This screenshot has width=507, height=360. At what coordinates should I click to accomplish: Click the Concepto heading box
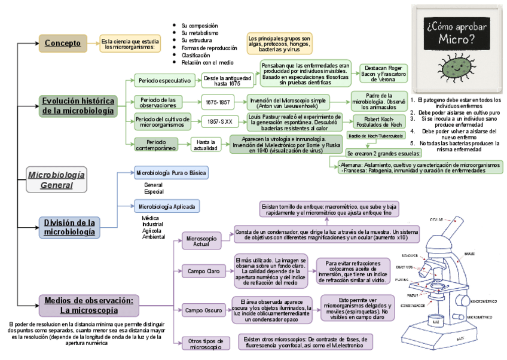[x=63, y=43]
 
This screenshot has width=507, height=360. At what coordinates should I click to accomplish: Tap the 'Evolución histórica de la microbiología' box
[x=78, y=106]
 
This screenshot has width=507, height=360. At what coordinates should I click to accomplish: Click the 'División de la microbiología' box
[x=69, y=227]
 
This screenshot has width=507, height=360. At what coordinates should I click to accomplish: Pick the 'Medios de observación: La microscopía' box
[x=90, y=305]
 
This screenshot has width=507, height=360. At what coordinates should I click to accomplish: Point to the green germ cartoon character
[x=454, y=67]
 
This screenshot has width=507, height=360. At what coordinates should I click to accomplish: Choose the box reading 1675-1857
[x=216, y=102]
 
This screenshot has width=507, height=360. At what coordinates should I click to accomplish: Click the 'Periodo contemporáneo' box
[x=156, y=144]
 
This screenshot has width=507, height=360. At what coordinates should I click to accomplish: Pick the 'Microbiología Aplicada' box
[x=167, y=206]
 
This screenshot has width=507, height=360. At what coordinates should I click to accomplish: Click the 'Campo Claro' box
[x=203, y=271]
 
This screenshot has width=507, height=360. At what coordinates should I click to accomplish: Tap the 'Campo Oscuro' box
[x=203, y=310]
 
